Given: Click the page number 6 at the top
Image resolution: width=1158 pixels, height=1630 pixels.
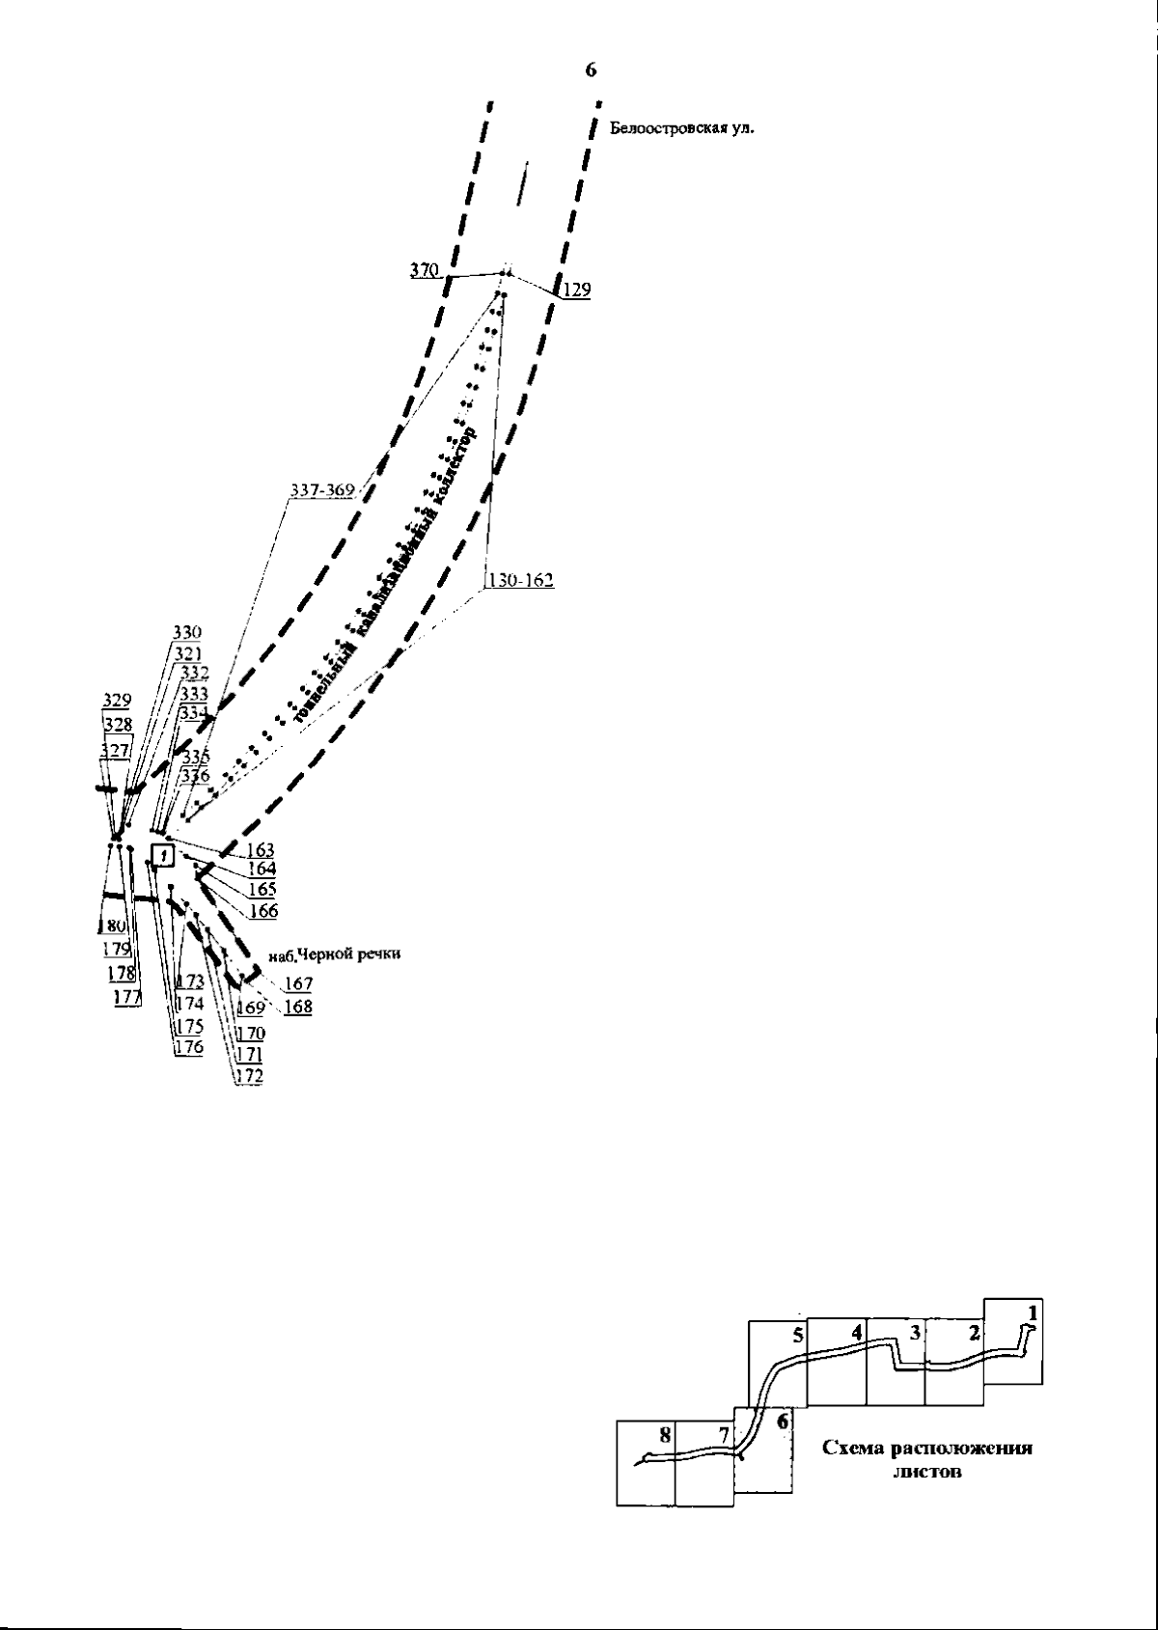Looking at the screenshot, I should point(591,70).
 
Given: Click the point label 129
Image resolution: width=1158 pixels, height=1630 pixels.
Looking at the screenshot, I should point(576,289).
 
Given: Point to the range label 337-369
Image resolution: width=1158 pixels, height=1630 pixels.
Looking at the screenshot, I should point(322,490).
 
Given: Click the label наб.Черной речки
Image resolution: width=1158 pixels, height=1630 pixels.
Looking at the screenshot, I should point(334,953).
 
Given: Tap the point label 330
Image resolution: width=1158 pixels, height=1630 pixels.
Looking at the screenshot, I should point(187,633).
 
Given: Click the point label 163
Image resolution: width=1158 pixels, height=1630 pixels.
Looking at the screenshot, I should point(261,850).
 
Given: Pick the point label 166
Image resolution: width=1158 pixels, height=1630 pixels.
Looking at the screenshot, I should point(262,910).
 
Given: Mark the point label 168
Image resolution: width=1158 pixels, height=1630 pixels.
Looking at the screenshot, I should point(298,1007).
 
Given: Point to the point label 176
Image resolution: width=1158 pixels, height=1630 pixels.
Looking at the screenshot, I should point(188,1047).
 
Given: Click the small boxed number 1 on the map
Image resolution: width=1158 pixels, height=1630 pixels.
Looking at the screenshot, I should point(164,855).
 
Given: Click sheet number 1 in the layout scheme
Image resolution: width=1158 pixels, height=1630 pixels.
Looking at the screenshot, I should point(1033,1312).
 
